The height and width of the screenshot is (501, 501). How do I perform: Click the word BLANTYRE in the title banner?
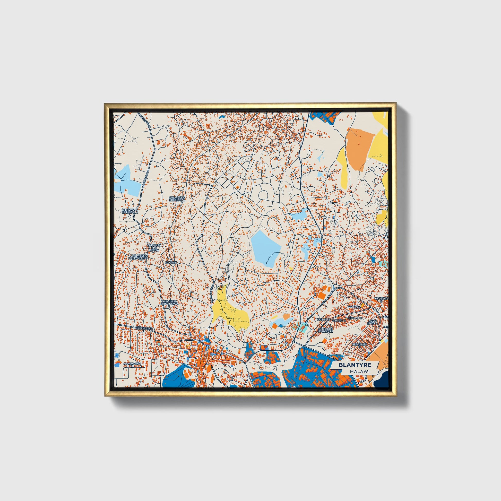(355, 365)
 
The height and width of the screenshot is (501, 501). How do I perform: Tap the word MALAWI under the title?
(359, 372)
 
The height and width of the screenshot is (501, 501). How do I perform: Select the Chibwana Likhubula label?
(130, 211)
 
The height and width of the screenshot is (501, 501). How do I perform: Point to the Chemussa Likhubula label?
(177, 199)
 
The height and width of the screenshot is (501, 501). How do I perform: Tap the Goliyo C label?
(355, 318)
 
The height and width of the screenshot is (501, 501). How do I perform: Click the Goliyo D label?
(339, 321)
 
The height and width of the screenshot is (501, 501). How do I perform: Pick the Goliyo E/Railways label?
(325, 330)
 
